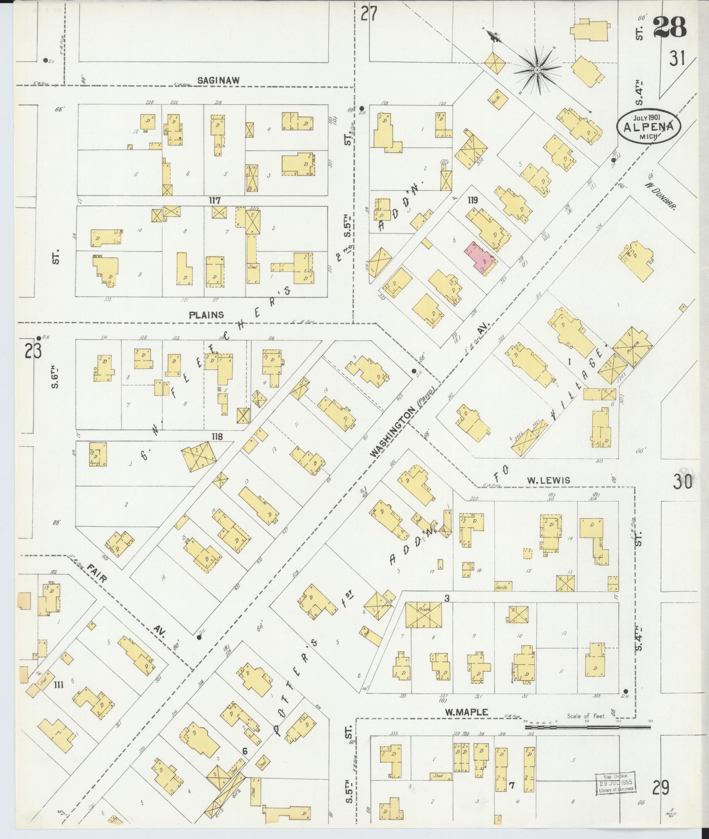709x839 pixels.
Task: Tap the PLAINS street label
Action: point(207,314)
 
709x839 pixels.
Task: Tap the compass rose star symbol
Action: point(537,70)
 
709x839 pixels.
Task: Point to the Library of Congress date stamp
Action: point(614,785)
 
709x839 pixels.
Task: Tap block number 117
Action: point(215,201)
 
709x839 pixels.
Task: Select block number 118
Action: point(216,437)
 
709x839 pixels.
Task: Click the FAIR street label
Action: point(98,573)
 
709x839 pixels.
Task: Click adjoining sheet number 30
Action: point(682,482)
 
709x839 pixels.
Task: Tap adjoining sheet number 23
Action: point(32,351)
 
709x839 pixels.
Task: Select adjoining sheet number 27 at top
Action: point(368,14)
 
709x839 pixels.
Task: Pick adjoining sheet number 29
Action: point(660,788)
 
